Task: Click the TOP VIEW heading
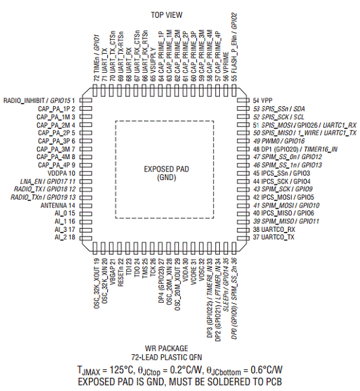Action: (x=166, y=15)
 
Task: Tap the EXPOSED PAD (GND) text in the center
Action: (x=166, y=174)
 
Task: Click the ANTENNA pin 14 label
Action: (x=58, y=206)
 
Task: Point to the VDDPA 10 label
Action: (x=62, y=173)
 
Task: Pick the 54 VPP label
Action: (x=262, y=100)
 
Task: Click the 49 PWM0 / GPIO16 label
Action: (x=279, y=141)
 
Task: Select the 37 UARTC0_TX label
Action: (x=274, y=237)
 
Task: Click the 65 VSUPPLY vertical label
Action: (x=153, y=64)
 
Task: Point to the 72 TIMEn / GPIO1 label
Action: (x=97, y=58)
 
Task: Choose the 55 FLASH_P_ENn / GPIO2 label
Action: (x=234, y=47)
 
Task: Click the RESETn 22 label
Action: (x=120, y=272)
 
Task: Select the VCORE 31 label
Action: (x=194, y=271)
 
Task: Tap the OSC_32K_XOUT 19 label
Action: (x=97, y=284)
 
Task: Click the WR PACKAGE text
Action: (x=166, y=348)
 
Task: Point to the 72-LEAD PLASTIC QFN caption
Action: (x=166, y=358)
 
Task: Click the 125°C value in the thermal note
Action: (x=122, y=370)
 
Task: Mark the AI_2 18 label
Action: (x=65, y=237)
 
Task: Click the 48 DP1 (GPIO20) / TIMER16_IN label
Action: (x=295, y=149)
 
